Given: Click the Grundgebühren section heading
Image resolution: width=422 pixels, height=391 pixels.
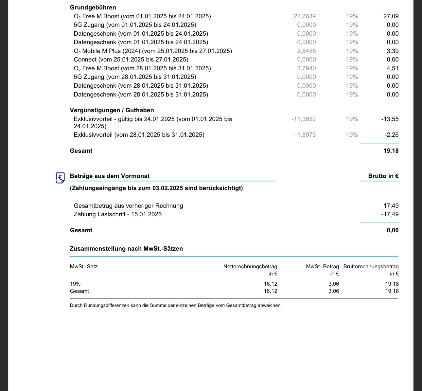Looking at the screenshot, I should [x=93, y=8].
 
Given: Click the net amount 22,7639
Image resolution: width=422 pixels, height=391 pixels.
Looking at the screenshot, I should [x=305, y=16].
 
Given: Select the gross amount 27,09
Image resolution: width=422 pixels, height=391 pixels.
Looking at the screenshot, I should [x=391, y=16].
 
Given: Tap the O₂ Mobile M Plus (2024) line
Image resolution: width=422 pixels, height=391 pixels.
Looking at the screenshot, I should [x=153, y=51].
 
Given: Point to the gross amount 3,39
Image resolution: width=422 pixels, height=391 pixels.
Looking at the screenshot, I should [x=392, y=51].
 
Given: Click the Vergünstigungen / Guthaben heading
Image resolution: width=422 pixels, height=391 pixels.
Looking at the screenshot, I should [x=112, y=110].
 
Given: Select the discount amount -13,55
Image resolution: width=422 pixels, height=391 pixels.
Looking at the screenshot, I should [x=390, y=119].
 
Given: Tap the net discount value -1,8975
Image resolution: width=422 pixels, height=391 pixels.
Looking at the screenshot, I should [x=305, y=135].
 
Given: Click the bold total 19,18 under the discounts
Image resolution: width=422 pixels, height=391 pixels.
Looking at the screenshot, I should [x=391, y=151].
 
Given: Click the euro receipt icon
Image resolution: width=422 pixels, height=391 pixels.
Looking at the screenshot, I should [x=60, y=178].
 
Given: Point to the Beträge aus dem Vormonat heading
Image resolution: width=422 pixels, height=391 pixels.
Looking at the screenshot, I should [x=110, y=176].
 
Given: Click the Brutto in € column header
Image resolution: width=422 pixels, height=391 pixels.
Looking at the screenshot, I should [x=383, y=176].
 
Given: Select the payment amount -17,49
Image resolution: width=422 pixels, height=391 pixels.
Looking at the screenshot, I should [x=390, y=214].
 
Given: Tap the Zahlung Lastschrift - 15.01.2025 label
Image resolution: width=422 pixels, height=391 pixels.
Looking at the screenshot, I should [x=118, y=214].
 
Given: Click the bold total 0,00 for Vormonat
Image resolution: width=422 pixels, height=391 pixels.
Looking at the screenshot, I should [x=393, y=230].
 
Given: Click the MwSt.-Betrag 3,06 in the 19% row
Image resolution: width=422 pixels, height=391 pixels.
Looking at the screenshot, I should [x=334, y=284].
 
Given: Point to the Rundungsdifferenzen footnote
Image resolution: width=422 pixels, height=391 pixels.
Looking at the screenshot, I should [x=176, y=305].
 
